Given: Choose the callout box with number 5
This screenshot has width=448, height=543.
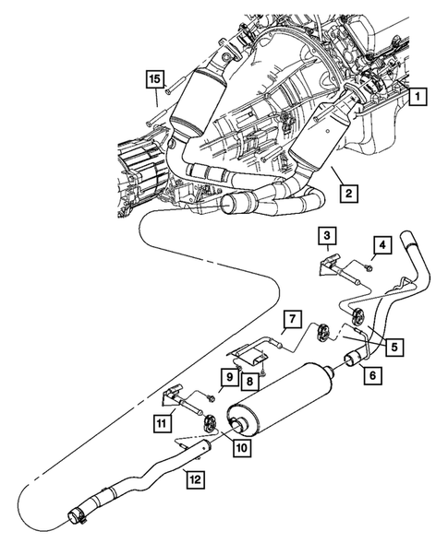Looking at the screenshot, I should pyautogui.click(x=394, y=347).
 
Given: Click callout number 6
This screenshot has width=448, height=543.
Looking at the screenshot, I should pyautogui.click(x=374, y=375).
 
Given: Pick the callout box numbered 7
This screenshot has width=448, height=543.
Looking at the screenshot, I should pyautogui.click(x=291, y=319).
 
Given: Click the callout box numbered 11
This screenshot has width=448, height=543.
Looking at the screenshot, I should pyautogui.click(x=163, y=423).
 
